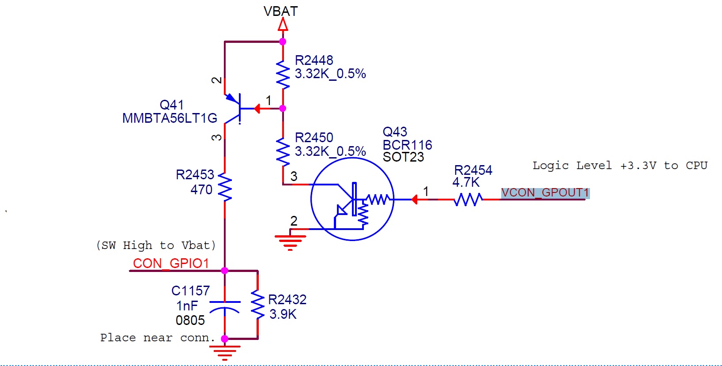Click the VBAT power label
[x=280, y=11]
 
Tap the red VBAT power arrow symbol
[x=283, y=24]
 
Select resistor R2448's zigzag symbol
[x=283, y=75]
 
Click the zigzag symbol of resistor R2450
[x=283, y=152]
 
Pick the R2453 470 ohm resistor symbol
[x=225, y=187]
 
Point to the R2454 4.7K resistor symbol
[x=469, y=200]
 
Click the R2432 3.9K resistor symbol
[x=258, y=305]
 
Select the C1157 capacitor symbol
[x=225, y=307]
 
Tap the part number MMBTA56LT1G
[x=170, y=118]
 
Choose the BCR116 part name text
[x=408, y=145]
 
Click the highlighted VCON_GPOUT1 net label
[x=545, y=192]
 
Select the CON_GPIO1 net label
[x=171, y=263]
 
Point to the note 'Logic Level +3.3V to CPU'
[x=620, y=166]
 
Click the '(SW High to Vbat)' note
[x=156, y=245]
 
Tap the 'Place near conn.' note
[x=158, y=338]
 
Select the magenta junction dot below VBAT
[x=283, y=42]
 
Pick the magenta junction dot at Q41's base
[x=283, y=109]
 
